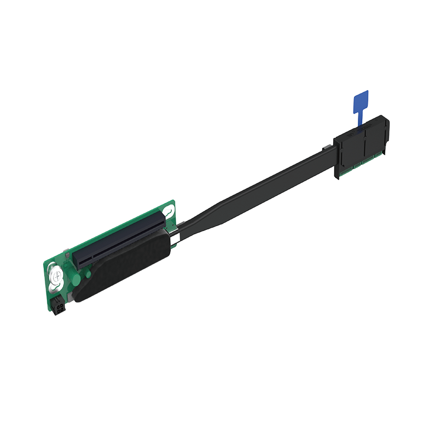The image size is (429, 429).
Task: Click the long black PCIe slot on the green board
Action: (x=118, y=239)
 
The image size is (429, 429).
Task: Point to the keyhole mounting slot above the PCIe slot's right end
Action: (x=170, y=210)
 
